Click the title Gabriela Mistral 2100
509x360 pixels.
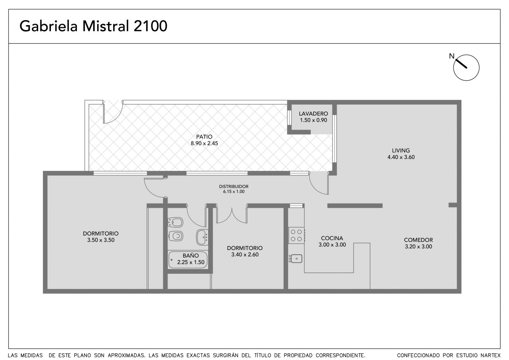(x=93, y=26)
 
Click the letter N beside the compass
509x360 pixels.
(x=451, y=56)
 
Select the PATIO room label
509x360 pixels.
(x=204, y=137)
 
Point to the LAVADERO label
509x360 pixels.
(x=313, y=113)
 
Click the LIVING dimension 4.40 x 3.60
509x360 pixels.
(x=401, y=157)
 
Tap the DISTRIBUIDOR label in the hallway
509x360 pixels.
(x=234, y=187)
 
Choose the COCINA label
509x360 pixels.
(x=332, y=238)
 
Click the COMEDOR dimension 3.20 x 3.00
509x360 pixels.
(x=419, y=247)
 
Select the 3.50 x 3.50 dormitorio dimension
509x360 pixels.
(x=101, y=240)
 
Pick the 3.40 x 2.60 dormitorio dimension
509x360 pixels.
(x=245, y=255)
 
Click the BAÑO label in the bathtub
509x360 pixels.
(x=191, y=255)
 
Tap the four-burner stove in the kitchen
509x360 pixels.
(x=296, y=235)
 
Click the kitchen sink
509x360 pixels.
(x=296, y=259)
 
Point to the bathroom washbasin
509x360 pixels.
(x=202, y=237)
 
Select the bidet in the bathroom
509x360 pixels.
(x=175, y=222)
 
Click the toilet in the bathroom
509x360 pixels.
(x=175, y=236)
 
